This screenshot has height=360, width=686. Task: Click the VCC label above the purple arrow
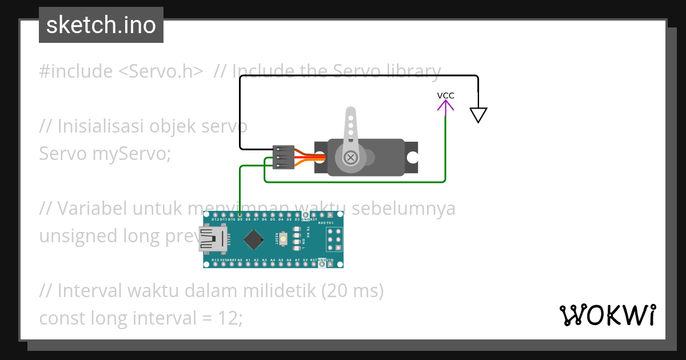point(445,95)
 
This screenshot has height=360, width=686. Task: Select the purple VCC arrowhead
point(445,106)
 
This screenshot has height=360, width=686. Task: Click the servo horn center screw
point(350,157)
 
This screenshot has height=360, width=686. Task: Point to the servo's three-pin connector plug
point(284,157)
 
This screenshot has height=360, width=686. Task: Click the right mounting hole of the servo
point(412,157)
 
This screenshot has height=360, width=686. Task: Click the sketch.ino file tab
point(101,25)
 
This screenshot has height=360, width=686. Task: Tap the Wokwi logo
point(607,315)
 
